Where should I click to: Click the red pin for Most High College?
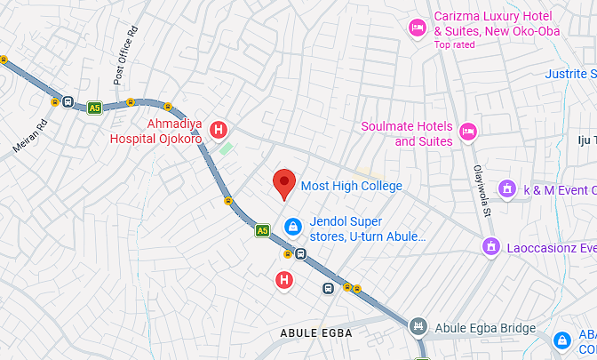tap(283, 183)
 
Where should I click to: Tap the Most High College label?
tap(352, 186)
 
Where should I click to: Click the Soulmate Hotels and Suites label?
tap(407, 133)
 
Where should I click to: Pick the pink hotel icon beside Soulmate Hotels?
tap(469, 133)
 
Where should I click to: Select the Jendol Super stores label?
tap(368, 229)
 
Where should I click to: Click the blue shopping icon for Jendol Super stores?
tap(291, 228)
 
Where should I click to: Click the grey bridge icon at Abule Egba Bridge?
tap(418, 327)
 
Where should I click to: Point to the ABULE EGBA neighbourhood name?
tap(316, 333)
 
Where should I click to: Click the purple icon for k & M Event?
tap(506, 188)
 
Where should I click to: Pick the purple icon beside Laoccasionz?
tap(490, 245)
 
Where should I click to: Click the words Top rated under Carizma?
tap(454, 44)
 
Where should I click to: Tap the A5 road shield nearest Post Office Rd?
tap(94, 108)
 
